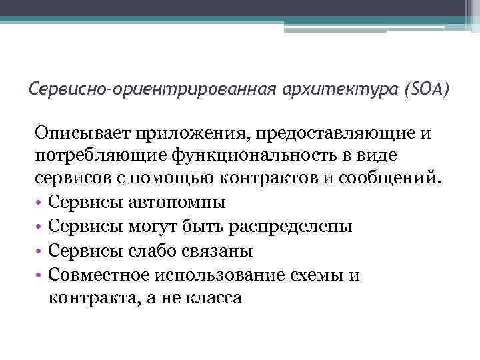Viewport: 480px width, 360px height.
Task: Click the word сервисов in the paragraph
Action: [x=67, y=178]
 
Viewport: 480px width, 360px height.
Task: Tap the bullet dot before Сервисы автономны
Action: [x=39, y=202]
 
